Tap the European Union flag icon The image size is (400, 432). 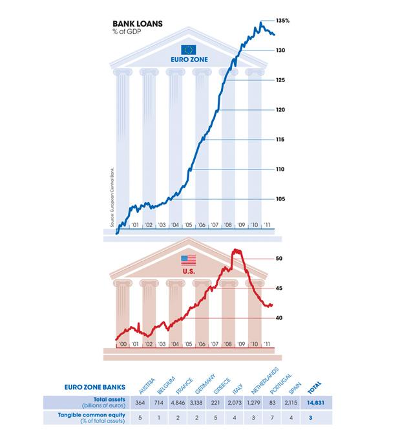pos(188,49)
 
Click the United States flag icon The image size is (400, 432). pos(188,260)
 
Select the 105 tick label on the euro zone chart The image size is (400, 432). pos(280,199)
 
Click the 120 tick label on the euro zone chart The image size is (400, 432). pos(280,110)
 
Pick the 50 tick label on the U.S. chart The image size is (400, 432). pos(280,259)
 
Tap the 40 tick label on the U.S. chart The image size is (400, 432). pos(280,318)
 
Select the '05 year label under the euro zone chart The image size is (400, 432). pos(188,225)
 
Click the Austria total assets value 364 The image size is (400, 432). pos(140,403)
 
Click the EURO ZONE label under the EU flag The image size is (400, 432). pos(187,60)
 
